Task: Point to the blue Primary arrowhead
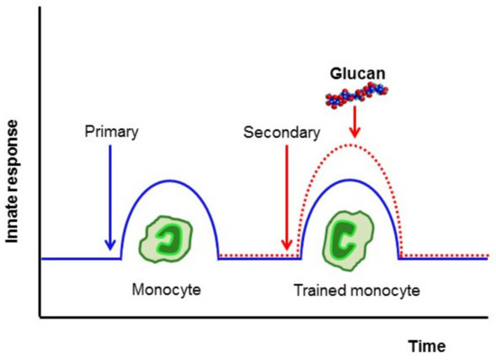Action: (109, 245)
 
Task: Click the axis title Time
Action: (425, 345)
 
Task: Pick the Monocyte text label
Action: (164, 292)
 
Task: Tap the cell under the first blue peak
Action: (168, 237)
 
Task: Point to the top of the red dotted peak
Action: (351, 144)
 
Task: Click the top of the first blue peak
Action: (170, 180)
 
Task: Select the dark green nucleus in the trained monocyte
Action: (346, 235)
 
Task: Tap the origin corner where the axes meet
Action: (39, 317)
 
